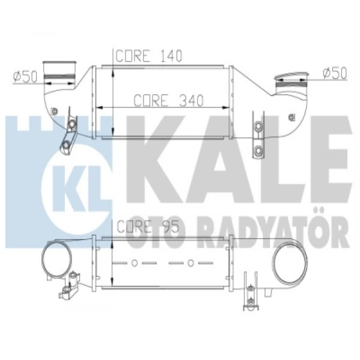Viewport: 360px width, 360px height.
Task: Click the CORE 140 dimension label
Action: click(x=149, y=56)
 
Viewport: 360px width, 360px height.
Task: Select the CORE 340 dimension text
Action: click(x=168, y=99)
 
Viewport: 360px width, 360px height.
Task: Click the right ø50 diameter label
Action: click(x=334, y=74)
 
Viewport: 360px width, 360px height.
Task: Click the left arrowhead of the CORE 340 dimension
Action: click(x=100, y=107)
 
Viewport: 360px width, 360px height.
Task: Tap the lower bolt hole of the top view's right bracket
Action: click(x=258, y=150)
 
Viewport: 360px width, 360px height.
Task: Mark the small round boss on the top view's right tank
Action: click(x=292, y=117)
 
